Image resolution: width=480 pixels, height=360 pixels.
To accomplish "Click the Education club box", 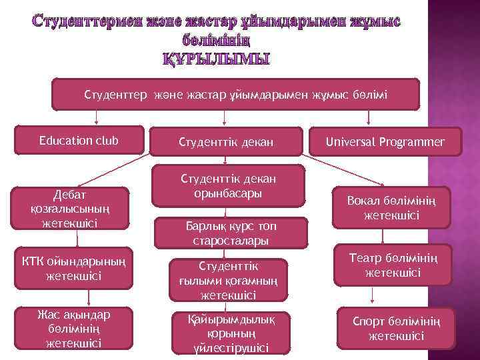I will pyautogui.click(x=79, y=140).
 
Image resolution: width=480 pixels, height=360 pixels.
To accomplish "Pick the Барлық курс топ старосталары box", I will pyautogui.click(x=227, y=232).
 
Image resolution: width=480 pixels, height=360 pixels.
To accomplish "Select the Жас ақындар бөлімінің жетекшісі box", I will pyautogui.click(x=73, y=329).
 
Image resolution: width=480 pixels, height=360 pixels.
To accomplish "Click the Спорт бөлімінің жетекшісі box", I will pyautogui.click(x=395, y=329).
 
